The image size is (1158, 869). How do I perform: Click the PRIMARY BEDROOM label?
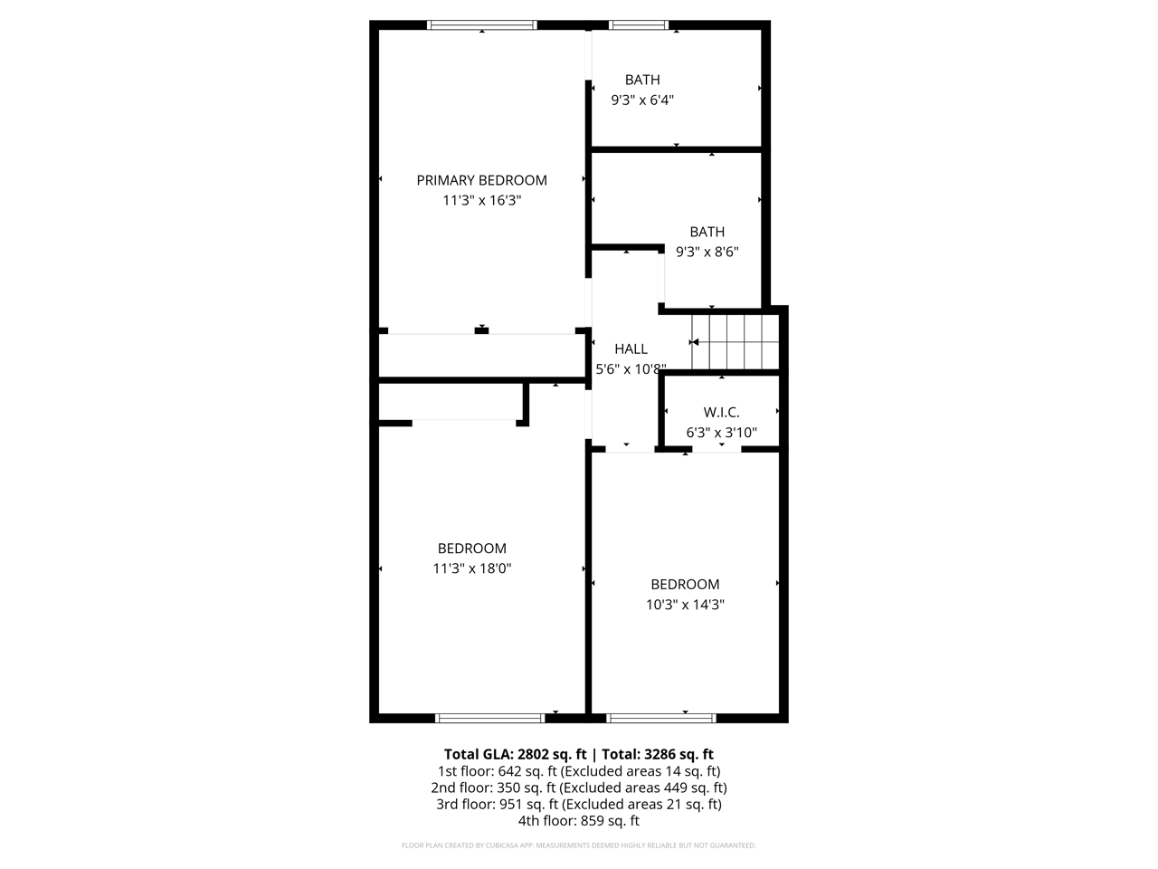pyautogui.click(x=481, y=180)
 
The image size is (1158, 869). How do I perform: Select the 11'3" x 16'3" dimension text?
pyautogui.click(x=481, y=201)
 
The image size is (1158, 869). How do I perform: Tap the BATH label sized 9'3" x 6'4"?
pyautogui.click(x=642, y=80)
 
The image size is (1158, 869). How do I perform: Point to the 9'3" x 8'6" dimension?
pyautogui.click(x=707, y=252)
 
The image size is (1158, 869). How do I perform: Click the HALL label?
pyautogui.click(x=631, y=349)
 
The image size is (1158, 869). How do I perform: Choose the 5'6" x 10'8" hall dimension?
pyautogui.click(x=631, y=369)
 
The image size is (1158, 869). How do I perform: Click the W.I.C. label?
pyautogui.click(x=721, y=412)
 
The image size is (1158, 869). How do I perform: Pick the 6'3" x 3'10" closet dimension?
pyautogui.click(x=721, y=433)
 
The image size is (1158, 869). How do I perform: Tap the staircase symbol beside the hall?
pyautogui.click(x=735, y=342)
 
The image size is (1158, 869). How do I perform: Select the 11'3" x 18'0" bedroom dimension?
pyautogui.click(x=472, y=568)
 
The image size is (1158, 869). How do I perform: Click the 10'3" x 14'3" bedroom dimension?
pyautogui.click(x=685, y=605)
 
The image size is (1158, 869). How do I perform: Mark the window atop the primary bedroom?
pyautogui.click(x=482, y=25)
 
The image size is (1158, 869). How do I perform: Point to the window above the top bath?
pyautogui.click(x=639, y=25)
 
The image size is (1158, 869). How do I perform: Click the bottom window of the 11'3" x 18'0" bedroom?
pyautogui.click(x=489, y=718)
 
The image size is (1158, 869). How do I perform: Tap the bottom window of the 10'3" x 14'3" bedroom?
pyautogui.click(x=661, y=718)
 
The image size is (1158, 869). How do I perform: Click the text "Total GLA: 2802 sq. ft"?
pyautogui.click(x=515, y=754)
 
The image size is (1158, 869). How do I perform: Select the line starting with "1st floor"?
pyautogui.click(x=578, y=771)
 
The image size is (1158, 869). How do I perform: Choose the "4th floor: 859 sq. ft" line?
pyautogui.click(x=578, y=821)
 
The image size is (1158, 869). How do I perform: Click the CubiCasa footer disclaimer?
pyautogui.click(x=578, y=845)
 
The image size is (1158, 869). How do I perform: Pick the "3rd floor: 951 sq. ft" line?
pyautogui.click(x=578, y=804)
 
